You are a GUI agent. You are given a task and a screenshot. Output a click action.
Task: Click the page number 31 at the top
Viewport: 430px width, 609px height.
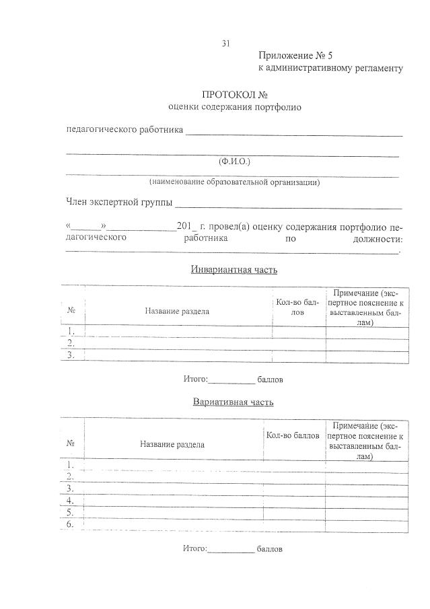pyautogui.click(x=226, y=44)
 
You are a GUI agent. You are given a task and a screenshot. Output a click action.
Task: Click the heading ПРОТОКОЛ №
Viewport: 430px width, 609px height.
pyautogui.click(x=235, y=95)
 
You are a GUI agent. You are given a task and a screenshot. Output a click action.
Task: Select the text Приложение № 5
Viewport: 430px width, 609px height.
pyautogui.click(x=295, y=56)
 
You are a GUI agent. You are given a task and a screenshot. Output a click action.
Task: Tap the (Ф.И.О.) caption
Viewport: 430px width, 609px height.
pyautogui.click(x=234, y=162)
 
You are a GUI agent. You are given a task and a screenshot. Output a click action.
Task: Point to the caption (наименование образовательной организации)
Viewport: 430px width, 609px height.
pyautogui.click(x=234, y=182)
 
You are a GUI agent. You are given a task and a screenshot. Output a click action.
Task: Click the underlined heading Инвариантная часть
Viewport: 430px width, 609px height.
pyautogui.click(x=234, y=270)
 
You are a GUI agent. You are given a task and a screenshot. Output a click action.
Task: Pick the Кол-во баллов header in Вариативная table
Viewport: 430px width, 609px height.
pyautogui.click(x=292, y=436)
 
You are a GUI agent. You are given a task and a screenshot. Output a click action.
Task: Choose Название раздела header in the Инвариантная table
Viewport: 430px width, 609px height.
pyautogui.click(x=177, y=311)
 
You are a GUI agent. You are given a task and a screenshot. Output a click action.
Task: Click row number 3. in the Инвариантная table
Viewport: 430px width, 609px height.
pyautogui.click(x=71, y=355)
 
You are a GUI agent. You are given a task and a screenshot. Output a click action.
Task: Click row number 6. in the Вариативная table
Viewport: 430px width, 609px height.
pyautogui.click(x=71, y=524)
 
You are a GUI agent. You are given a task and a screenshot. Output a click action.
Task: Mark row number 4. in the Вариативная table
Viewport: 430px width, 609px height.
pyautogui.click(x=71, y=500)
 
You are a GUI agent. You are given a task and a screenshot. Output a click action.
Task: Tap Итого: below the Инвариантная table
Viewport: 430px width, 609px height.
pyautogui.click(x=196, y=380)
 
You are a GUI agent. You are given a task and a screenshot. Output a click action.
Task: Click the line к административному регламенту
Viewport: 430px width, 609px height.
pyautogui.click(x=330, y=69)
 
